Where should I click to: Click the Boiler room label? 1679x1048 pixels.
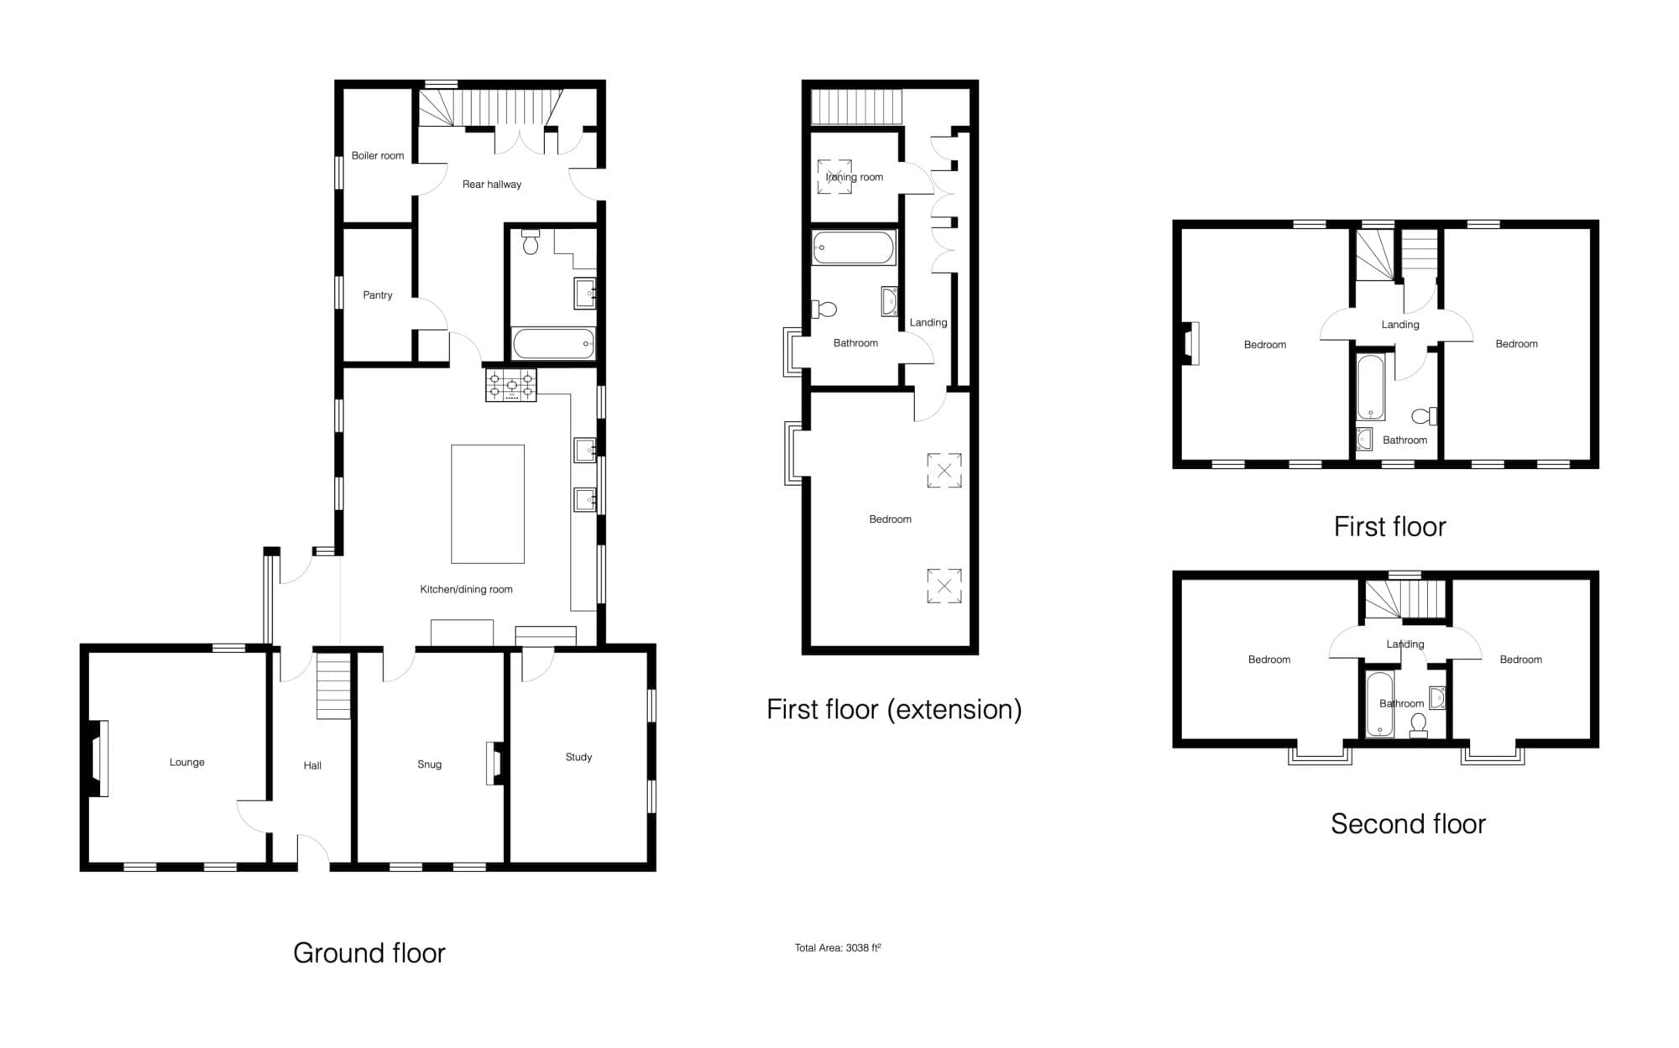coord(378,155)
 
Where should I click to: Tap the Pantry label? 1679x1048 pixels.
coord(378,295)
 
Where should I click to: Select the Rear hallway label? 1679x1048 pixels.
coord(492,184)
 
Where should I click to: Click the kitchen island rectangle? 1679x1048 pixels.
coord(488,503)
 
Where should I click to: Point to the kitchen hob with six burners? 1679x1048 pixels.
coord(510,384)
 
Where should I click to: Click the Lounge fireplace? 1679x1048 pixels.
coord(97,759)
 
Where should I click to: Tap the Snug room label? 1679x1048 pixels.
coord(429,764)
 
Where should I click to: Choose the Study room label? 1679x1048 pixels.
coord(578,757)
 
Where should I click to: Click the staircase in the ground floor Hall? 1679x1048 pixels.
coord(333,686)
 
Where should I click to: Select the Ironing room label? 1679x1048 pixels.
coord(855,177)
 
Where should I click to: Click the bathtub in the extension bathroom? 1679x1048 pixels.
coord(854,248)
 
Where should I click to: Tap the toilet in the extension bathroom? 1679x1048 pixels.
coord(824,310)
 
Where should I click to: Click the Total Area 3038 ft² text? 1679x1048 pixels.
coord(838,948)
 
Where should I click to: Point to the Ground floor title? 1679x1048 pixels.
coord(369,953)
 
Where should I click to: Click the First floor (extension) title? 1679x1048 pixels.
coord(894,710)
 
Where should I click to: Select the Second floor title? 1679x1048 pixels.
coord(1408,824)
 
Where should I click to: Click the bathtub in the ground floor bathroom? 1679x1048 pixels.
coord(554,343)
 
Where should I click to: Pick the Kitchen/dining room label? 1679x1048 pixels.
coord(466,589)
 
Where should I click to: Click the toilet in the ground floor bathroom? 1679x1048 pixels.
coord(531,242)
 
